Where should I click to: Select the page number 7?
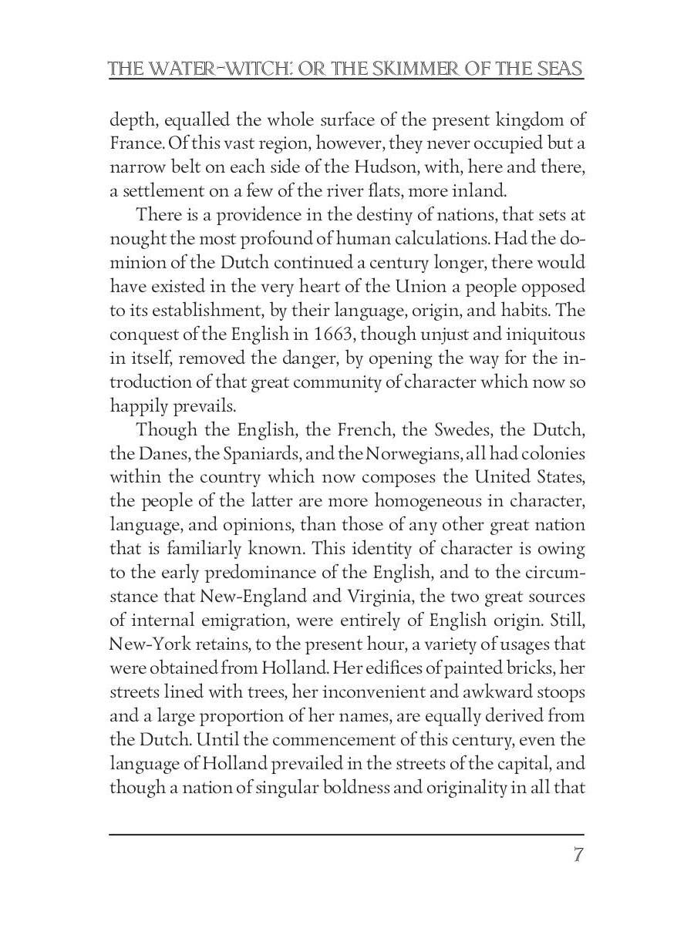click(x=578, y=855)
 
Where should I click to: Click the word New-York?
click(x=145, y=644)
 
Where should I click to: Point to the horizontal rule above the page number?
click(x=346, y=834)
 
